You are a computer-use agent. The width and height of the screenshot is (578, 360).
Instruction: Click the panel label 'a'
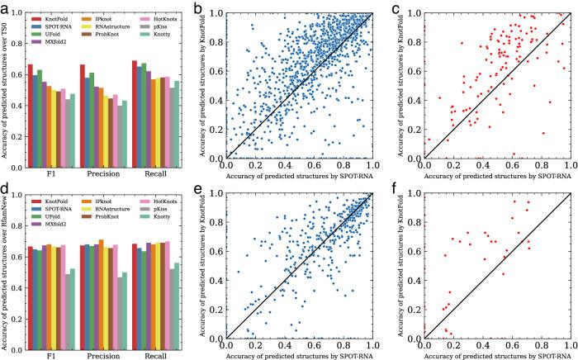4,7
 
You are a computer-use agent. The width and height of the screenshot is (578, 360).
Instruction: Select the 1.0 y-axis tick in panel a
17,14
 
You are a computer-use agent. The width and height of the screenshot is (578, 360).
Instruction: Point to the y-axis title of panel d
6,266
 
